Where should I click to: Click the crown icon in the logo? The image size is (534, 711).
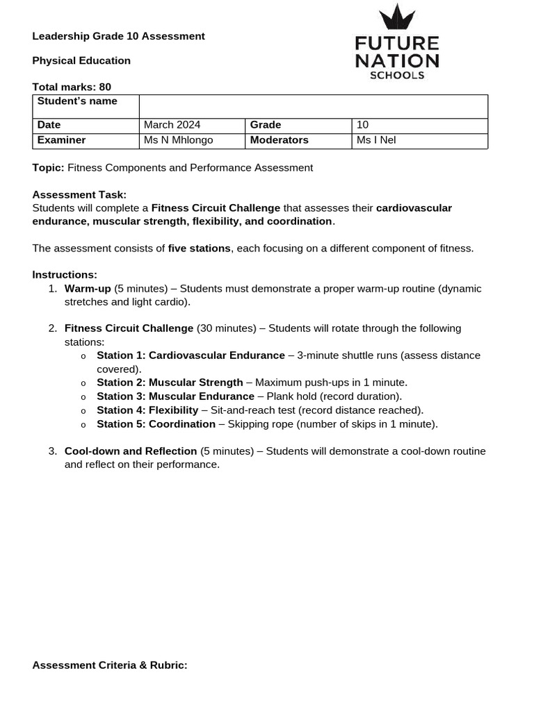396,17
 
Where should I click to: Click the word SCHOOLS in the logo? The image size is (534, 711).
397,75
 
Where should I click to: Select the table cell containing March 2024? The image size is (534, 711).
192,125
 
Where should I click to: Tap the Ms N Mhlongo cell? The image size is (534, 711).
192,140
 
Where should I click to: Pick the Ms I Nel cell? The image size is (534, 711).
419,140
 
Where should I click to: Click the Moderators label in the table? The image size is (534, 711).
279,140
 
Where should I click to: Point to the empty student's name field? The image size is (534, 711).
313,107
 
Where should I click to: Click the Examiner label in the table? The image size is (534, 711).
61,140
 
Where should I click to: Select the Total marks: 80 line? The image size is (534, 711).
72,87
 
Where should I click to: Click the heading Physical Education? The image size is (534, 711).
81,60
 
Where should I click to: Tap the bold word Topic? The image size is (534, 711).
48,168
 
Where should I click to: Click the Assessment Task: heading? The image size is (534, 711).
79,195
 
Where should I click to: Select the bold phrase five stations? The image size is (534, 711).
200,249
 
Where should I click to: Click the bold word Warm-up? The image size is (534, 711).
88,289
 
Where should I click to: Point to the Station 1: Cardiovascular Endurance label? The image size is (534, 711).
191,355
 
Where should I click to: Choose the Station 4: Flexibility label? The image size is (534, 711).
147,410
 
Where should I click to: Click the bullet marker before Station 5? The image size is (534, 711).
83,425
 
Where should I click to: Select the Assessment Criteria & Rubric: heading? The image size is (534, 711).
110,665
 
